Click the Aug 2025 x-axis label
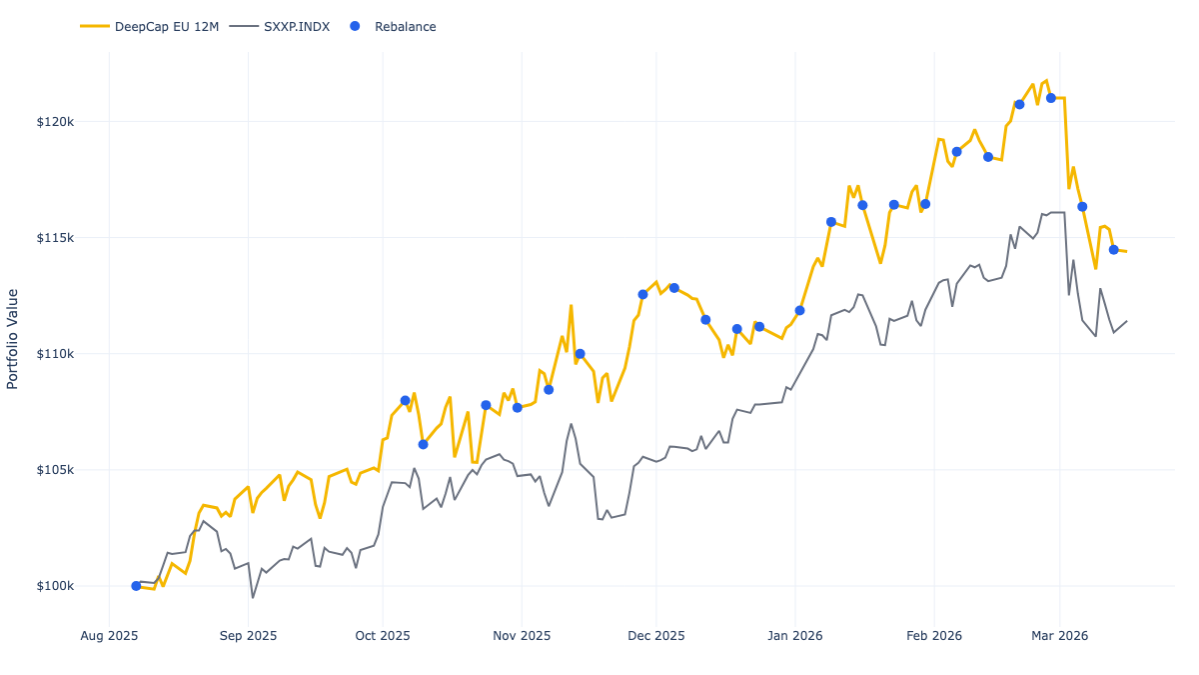[x=109, y=635]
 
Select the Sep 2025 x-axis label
[x=248, y=635]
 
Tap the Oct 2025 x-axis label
[x=383, y=635]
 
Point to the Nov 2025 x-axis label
[x=522, y=635]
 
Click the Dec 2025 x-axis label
[x=656, y=635]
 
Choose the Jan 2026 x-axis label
[x=795, y=635]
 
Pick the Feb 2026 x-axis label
[x=934, y=635]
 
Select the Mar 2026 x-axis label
[x=1059, y=635]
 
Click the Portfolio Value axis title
[x=13, y=339]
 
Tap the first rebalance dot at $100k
[x=136, y=586]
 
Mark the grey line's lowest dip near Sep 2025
[x=253, y=598]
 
